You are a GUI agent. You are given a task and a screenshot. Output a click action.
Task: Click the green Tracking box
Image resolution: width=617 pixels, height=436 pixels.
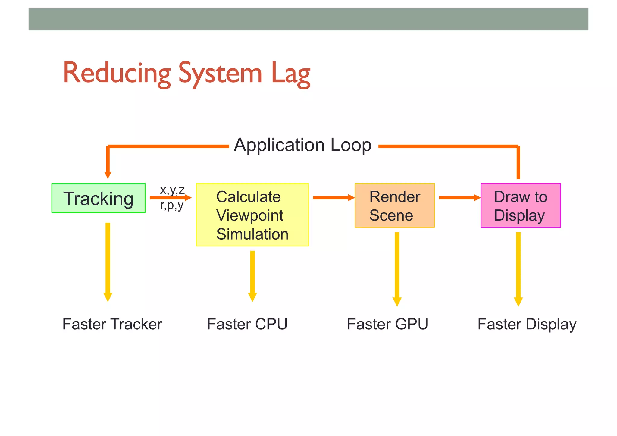point(98,198)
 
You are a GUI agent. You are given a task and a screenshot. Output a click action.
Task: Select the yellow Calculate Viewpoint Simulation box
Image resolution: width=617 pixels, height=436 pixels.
point(252,215)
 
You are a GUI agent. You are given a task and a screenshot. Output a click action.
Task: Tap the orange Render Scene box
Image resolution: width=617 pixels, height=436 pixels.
point(394,205)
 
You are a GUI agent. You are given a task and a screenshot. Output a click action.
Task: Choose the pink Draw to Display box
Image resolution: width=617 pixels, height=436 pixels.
point(520,205)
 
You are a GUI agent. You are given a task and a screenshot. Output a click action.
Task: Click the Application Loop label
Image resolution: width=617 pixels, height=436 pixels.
point(302,145)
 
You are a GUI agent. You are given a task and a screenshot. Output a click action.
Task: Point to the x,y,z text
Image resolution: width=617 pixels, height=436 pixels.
point(172,190)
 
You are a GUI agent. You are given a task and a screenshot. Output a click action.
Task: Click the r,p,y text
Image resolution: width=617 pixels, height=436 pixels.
point(171,205)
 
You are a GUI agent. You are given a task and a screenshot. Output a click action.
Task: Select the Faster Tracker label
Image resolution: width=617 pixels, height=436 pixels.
point(112,324)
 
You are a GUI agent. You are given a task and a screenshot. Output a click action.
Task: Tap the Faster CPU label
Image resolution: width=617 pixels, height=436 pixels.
point(247,324)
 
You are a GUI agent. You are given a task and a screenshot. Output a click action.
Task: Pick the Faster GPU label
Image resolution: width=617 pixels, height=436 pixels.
point(387,324)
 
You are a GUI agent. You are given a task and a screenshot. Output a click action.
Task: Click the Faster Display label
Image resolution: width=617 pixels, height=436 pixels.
point(527,325)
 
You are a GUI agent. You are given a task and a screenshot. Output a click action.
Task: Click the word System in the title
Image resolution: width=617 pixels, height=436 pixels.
point(220,73)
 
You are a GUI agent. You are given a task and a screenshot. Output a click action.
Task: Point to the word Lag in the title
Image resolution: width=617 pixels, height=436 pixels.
point(290,73)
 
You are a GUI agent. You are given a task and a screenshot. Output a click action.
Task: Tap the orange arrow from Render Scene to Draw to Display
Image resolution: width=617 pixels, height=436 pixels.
point(459,198)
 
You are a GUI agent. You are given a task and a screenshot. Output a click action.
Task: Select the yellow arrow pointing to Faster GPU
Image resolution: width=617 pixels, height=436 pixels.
point(397,268)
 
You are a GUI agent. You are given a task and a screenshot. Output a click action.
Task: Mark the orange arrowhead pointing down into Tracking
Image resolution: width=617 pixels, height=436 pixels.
point(108,175)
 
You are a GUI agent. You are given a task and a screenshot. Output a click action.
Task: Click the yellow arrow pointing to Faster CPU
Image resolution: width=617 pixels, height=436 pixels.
point(252,275)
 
